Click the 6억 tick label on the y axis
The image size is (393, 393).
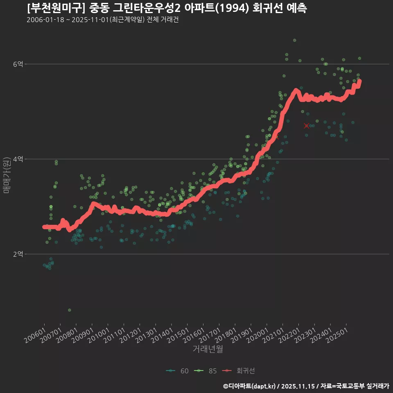(x=18, y=64)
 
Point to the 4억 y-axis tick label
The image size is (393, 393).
(x=18, y=159)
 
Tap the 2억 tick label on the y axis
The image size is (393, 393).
(x=18, y=254)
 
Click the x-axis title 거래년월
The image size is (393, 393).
(x=208, y=349)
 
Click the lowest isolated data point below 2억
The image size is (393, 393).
(x=70, y=310)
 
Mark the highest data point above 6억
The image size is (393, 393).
(x=294, y=40)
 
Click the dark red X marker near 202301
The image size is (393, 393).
(x=307, y=126)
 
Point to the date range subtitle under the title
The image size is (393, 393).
(x=102, y=20)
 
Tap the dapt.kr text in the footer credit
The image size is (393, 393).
(x=262, y=386)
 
